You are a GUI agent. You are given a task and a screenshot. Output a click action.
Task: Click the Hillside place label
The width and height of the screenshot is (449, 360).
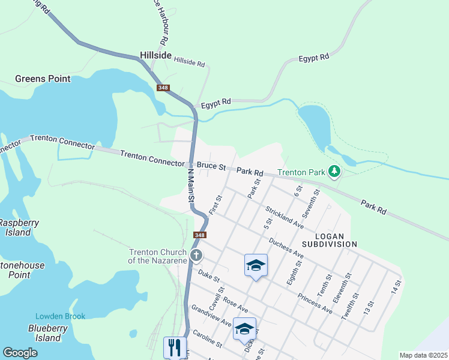[155, 55]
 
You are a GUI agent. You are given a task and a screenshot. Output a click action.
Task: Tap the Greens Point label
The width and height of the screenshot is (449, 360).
[43, 79]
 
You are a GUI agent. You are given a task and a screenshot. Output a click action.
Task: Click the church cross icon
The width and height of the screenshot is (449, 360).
[196, 256]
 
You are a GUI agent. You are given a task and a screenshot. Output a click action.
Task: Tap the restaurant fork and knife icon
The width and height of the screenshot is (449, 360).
[175, 347]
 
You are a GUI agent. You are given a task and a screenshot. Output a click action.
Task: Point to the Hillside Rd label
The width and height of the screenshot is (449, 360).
[190, 62]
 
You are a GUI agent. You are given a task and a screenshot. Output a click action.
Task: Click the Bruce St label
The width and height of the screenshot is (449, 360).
[211, 166]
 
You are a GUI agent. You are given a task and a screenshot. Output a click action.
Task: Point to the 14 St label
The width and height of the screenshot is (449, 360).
[394, 287]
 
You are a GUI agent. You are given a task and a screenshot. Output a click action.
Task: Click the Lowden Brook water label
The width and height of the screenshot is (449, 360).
[60, 316]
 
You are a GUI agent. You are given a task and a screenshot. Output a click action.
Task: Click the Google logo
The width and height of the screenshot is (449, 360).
[20, 353]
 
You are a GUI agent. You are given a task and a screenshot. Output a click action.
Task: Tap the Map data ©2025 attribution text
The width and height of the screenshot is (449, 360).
[423, 355]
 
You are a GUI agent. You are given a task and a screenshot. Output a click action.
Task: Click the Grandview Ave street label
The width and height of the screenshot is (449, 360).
[210, 316]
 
